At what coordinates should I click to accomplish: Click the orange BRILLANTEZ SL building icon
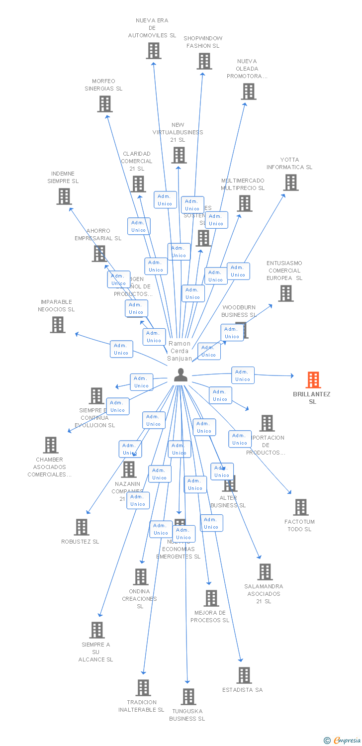tap(313, 380)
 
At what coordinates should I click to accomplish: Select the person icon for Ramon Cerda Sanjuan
tap(181, 375)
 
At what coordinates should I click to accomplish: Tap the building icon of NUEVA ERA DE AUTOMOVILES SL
tap(153, 51)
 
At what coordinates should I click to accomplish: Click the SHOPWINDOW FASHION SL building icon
tap(204, 61)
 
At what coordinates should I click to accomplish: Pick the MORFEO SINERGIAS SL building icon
tap(104, 104)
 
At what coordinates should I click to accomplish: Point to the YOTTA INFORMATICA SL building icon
tap(290, 183)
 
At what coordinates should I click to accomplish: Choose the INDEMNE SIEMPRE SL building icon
tap(64, 196)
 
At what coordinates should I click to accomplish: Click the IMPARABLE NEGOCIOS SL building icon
tap(58, 325)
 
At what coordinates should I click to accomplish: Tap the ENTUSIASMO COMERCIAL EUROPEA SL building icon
tap(285, 293)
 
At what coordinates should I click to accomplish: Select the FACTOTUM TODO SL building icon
tap(300, 507)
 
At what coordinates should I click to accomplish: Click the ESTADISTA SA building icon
tap(244, 675)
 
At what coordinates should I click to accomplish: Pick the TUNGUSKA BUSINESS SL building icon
tap(188, 697)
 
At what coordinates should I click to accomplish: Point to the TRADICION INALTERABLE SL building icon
tap(143, 688)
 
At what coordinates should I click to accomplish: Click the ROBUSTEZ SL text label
tap(80, 542)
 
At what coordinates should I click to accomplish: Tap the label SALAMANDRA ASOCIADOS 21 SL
tap(264, 594)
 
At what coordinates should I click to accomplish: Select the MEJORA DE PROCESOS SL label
tap(210, 617)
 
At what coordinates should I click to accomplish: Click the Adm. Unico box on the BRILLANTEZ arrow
tap(243, 375)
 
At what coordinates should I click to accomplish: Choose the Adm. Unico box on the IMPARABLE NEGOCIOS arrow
tap(121, 349)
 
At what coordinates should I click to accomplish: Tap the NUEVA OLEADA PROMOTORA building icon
tap(249, 92)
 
